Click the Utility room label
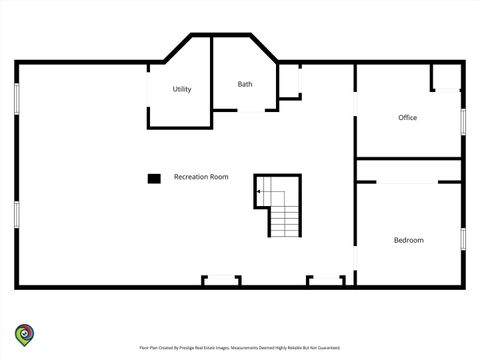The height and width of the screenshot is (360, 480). click(182, 89)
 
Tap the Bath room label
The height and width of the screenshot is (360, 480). click(245, 84)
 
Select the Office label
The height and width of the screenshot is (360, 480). click(407, 117)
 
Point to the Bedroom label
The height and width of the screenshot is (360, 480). click(409, 240)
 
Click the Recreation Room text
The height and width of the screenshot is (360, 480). click(201, 177)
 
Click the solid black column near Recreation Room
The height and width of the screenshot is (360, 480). click(154, 179)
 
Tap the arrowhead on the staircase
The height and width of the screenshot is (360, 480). click(258, 192)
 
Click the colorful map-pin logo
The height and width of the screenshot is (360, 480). click(24, 335)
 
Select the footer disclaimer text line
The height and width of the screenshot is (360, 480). click(240, 348)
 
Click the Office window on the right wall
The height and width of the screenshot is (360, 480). click(463, 122)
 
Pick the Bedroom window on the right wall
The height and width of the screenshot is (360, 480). click(463, 239)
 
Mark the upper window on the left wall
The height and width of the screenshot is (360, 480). click(17, 99)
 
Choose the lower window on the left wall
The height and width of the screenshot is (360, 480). click(17, 215)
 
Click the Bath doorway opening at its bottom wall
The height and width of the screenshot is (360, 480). click(251, 110)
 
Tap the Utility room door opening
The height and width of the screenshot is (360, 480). click(148, 89)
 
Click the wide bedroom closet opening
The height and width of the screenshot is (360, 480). click(407, 182)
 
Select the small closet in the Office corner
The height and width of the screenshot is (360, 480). click(446, 77)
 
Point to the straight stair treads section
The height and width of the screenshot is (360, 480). click(285, 221)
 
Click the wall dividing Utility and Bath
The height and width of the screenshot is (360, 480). click(211, 82)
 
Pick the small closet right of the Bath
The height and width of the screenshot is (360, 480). click(289, 81)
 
